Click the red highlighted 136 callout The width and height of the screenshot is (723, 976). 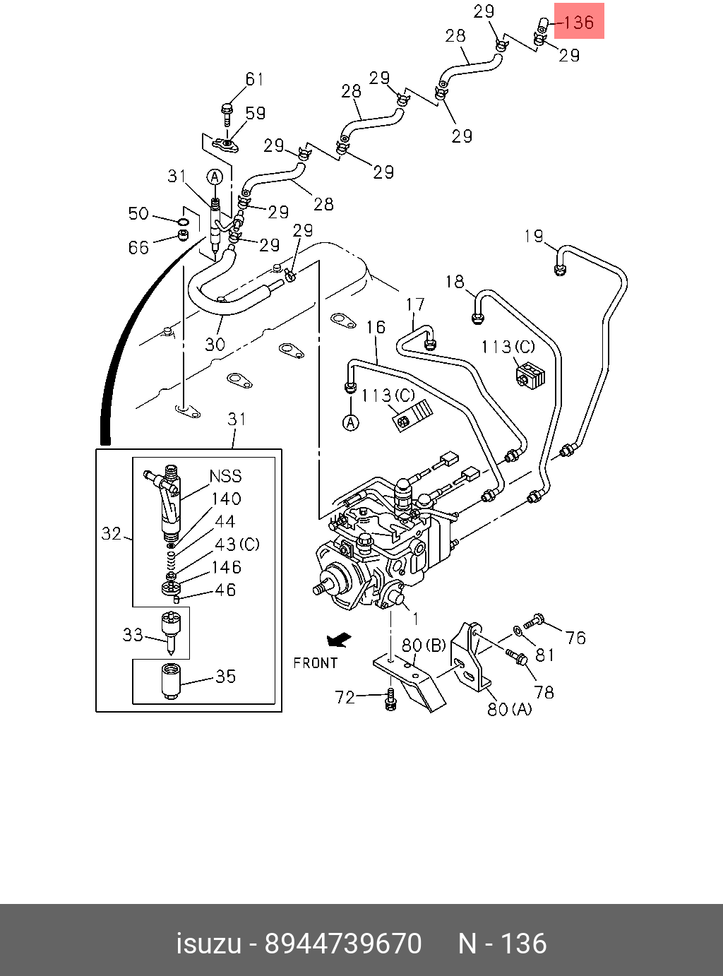point(579,21)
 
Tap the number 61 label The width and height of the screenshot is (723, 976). point(254,80)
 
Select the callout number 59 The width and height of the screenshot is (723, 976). point(256,113)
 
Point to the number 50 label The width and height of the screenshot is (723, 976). point(138,213)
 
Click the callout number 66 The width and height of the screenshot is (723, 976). point(138,247)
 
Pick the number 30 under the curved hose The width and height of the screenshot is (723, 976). point(215,344)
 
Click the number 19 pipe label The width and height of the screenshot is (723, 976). point(534,237)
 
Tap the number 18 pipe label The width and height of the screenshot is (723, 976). point(455,282)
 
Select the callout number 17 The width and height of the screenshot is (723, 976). point(415,304)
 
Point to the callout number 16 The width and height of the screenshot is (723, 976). point(376,327)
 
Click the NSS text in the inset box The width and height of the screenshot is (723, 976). point(225,476)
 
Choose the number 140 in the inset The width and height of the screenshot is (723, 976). point(226,499)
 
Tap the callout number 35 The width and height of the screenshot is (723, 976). point(225,677)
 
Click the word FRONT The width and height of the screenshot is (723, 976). point(316,663)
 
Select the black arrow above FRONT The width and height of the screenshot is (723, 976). point(339,641)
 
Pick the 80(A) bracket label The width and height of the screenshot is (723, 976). point(510,709)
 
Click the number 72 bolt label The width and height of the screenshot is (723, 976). point(345,698)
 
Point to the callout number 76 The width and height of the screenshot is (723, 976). point(575,638)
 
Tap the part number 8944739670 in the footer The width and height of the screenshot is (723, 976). point(343,943)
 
